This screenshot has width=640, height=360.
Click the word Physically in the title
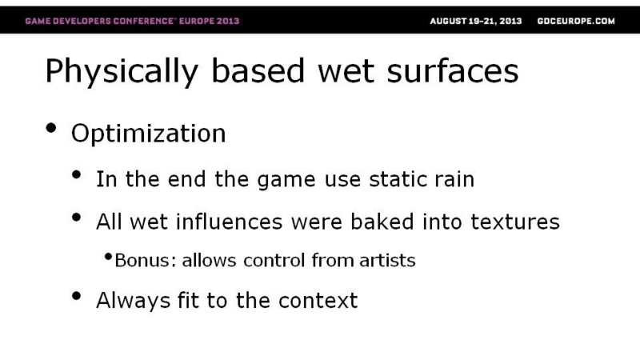(122, 72)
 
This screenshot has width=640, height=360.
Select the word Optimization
(148, 133)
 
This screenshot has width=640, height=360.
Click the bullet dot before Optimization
(51, 128)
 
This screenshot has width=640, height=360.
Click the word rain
(454, 179)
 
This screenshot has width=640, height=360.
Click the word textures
(515, 222)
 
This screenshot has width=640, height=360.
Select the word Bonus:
(146, 261)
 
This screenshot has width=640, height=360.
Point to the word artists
(387, 261)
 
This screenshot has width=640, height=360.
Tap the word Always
(133, 302)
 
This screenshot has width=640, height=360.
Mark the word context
(318, 301)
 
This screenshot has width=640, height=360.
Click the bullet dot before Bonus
(108, 257)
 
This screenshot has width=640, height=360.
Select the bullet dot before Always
(76, 296)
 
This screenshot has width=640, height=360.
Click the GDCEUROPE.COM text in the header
(576, 22)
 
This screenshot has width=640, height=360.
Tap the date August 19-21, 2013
(476, 22)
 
